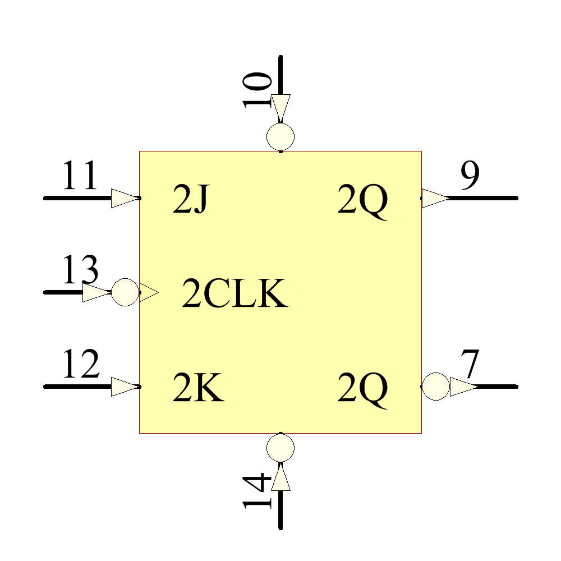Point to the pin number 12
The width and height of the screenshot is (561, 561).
80,365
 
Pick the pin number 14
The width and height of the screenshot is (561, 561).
257,491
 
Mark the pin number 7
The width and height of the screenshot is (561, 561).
470,365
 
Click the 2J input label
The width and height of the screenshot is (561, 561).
190,201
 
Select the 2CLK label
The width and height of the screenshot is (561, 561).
234,295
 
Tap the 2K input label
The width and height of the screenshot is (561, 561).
198,388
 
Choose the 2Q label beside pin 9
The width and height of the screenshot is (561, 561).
362,201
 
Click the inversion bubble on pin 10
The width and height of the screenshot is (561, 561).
280,136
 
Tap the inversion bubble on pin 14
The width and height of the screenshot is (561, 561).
280,447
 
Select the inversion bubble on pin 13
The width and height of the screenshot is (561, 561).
125,292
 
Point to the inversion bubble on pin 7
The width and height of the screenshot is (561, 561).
435,387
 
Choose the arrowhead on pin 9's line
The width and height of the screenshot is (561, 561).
435,198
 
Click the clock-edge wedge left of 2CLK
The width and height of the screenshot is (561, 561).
149,292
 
